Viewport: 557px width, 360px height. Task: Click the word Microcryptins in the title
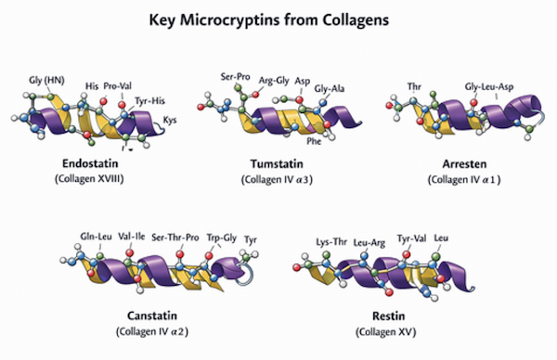coord(230,19)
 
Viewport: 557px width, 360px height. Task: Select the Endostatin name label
coord(90,163)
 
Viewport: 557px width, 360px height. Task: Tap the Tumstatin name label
coord(277,164)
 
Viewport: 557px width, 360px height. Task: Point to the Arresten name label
coord(464,164)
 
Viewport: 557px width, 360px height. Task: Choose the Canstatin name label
coord(152,315)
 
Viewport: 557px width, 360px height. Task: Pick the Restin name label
coord(388,315)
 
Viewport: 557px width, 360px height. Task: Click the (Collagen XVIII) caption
coord(89,178)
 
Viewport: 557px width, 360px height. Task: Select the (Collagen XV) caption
coord(386,331)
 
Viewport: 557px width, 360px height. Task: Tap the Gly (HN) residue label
coord(46,81)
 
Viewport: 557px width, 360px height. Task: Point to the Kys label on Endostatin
coord(170,121)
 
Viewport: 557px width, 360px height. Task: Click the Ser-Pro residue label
coord(235,77)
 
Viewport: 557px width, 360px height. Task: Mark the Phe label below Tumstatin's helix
coord(314,141)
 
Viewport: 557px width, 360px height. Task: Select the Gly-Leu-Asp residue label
coord(489,87)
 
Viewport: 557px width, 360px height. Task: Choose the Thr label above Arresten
coord(414,86)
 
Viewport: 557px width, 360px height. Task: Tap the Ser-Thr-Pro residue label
coord(175,238)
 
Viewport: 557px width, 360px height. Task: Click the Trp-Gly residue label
coord(222,238)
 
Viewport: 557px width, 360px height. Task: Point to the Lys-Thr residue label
coord(331,242)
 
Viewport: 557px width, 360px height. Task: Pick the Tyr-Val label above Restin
coord(411,238)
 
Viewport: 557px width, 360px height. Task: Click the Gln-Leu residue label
coord(96,237)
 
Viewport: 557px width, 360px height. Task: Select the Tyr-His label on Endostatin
coord(149,101)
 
